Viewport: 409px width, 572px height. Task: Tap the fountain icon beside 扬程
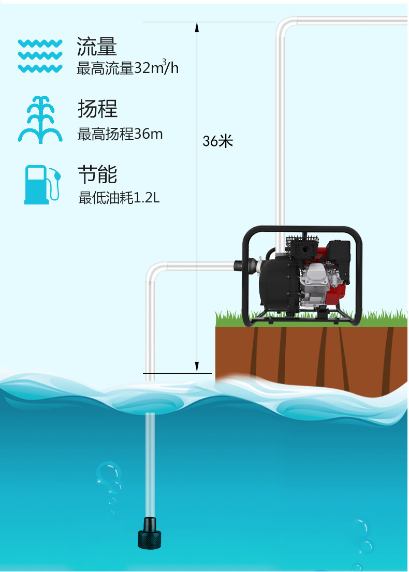(40, 120)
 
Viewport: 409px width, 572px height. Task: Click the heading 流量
(97, 47)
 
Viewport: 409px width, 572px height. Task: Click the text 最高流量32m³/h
(127, 68)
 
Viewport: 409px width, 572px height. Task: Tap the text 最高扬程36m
(120, 134)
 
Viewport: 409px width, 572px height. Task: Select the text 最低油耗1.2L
(119, 198)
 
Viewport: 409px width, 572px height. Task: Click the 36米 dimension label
(217, 141)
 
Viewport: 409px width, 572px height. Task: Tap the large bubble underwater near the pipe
(108, 473)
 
